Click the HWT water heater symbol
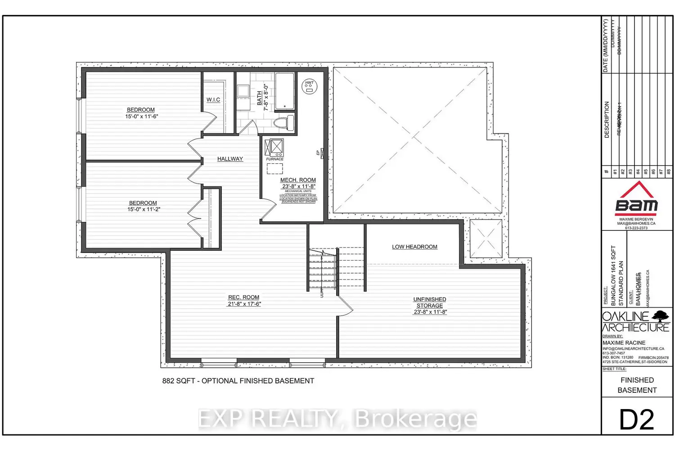click(309, 86)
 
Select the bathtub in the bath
click(284, 91)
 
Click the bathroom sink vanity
click(243, 91)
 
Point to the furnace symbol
click(274, 147)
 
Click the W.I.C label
click(213, 100)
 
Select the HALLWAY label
click(230, 159)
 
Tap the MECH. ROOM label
click(298, 180)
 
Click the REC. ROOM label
click(243, 297)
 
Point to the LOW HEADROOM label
click(414, 247)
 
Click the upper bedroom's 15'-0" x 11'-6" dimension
click(141, 117)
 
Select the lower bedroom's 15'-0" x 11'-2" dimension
click(144, 209)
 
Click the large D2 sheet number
click(637, 419)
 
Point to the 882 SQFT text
click(179, 381)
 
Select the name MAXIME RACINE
click(624, 343)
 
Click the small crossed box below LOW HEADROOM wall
click(486, 238)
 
